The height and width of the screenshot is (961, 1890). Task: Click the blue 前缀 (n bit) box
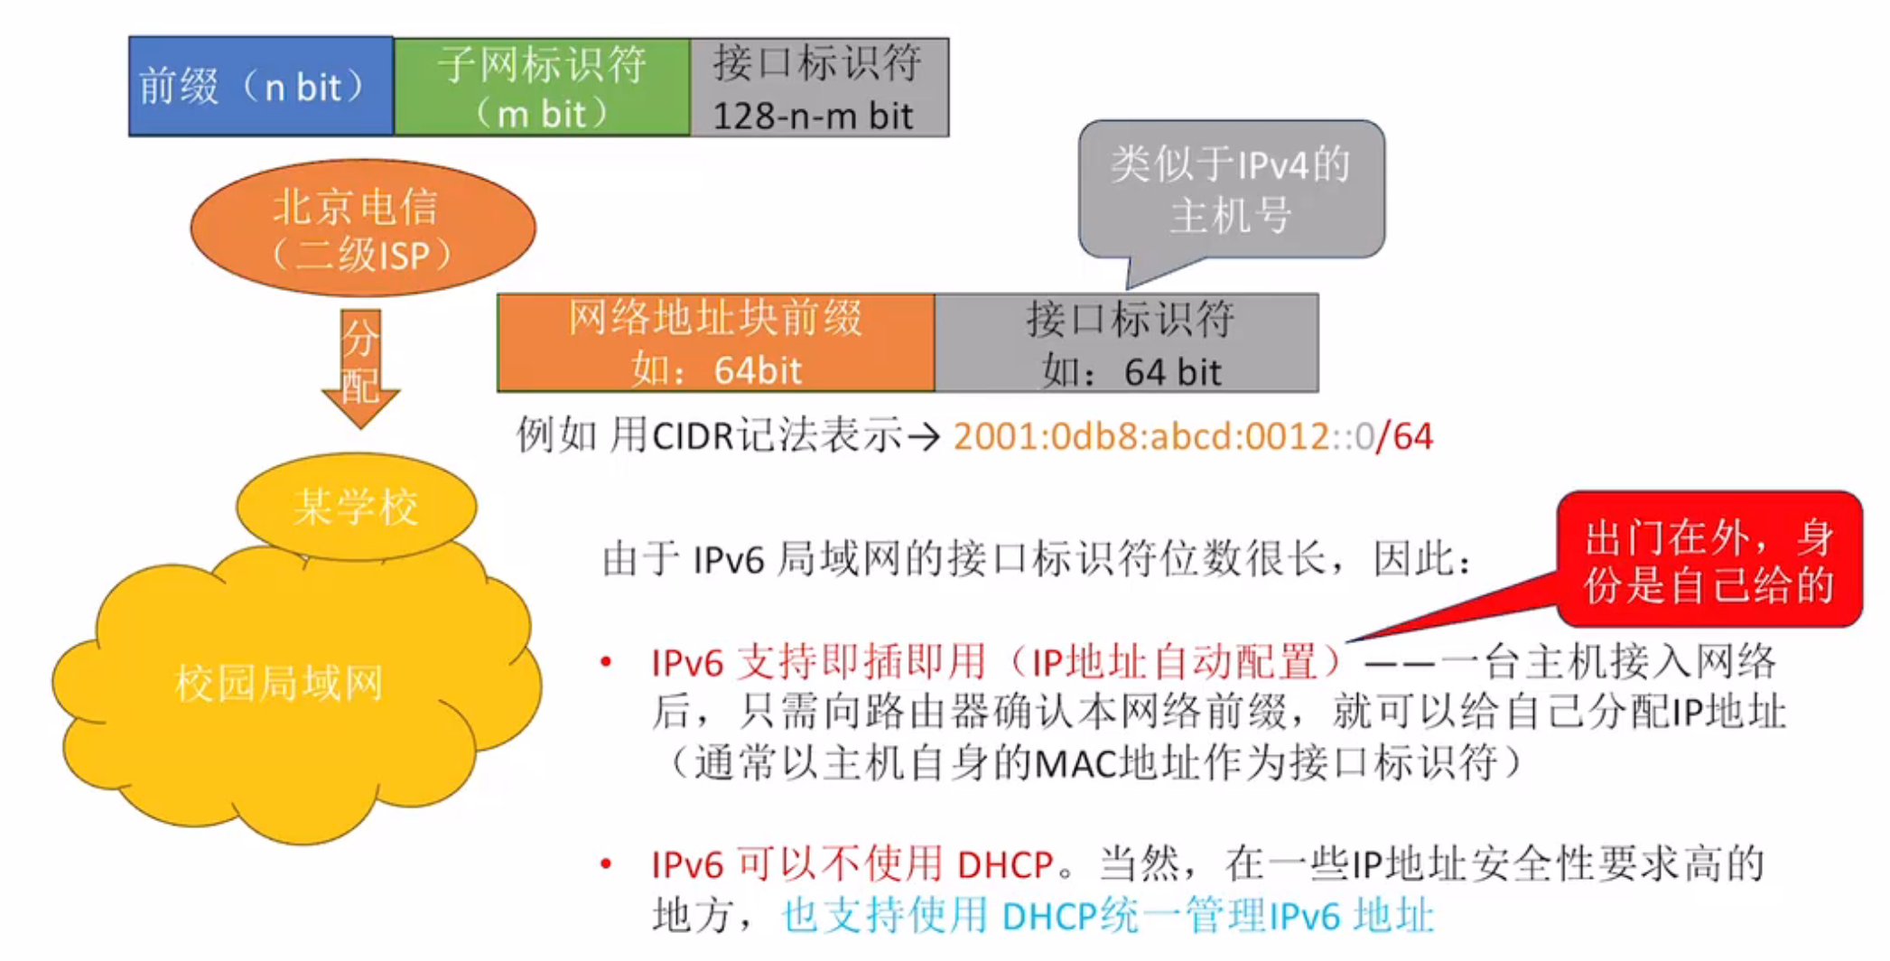point(261,87)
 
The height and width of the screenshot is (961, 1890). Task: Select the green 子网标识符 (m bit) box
point(542,88)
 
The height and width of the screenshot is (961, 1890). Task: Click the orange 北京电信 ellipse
point(362,229)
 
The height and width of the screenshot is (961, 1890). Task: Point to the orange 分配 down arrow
point(360,366)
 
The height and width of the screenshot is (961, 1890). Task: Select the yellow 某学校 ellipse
point(356,506)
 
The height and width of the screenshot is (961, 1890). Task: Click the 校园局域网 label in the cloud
point(279,683)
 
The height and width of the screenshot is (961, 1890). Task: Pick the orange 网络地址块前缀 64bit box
point(715,343)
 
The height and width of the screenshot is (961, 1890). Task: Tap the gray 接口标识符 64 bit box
point(1127,343)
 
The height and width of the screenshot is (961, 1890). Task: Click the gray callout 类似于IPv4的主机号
point(1231,190)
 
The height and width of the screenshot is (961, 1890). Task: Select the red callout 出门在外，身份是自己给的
point(1708,560)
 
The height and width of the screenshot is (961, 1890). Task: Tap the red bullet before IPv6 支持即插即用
point(607,663)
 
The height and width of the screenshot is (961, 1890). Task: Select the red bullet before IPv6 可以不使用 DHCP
point(607,864)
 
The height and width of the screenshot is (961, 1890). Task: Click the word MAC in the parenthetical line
point(1075,764)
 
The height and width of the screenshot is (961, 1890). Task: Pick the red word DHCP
point(1005,865)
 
